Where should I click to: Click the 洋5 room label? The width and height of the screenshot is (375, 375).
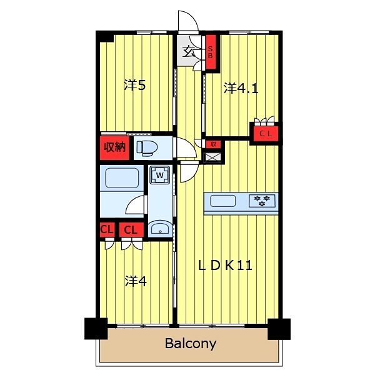click(x=134, y=85)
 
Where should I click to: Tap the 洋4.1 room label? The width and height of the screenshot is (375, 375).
click(x=241, y=88)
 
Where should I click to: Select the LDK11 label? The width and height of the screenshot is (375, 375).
click(x=225, y=266)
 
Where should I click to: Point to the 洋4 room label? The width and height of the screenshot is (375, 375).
click(x=136, y=281)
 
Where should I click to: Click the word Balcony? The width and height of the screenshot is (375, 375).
click(x=191, y=344)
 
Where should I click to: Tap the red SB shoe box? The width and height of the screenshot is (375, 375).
click(x=211, y=52)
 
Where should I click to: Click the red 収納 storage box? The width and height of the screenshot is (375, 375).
click(x=114, y=147)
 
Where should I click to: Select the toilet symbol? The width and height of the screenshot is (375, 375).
click(x=147, y=148)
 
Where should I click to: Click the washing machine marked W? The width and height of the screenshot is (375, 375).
click(x=160, y=175)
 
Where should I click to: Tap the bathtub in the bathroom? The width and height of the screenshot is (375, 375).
click(x=122, y=178)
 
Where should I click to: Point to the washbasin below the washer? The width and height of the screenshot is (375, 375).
click(x=160, y=228)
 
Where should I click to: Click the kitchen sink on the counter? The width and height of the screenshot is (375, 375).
click(x=222, y=201)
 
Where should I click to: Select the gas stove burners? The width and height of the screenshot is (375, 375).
click(x=262, y=201)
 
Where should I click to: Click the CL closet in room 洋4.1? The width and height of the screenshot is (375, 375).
click(x=266, y=134)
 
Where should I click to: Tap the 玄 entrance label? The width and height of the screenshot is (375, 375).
click(x=189, y=52)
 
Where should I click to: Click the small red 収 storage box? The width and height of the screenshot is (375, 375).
click(x=213, y=144)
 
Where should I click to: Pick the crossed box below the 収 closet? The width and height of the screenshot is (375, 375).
click(x=212, y=157)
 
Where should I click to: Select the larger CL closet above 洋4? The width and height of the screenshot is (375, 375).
click(x=131, y=230)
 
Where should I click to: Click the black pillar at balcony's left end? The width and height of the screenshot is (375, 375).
click(x=96, y=328)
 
